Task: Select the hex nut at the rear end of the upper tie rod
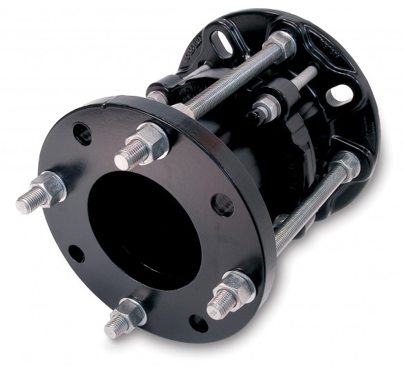282,46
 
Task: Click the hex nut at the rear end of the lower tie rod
345,164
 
